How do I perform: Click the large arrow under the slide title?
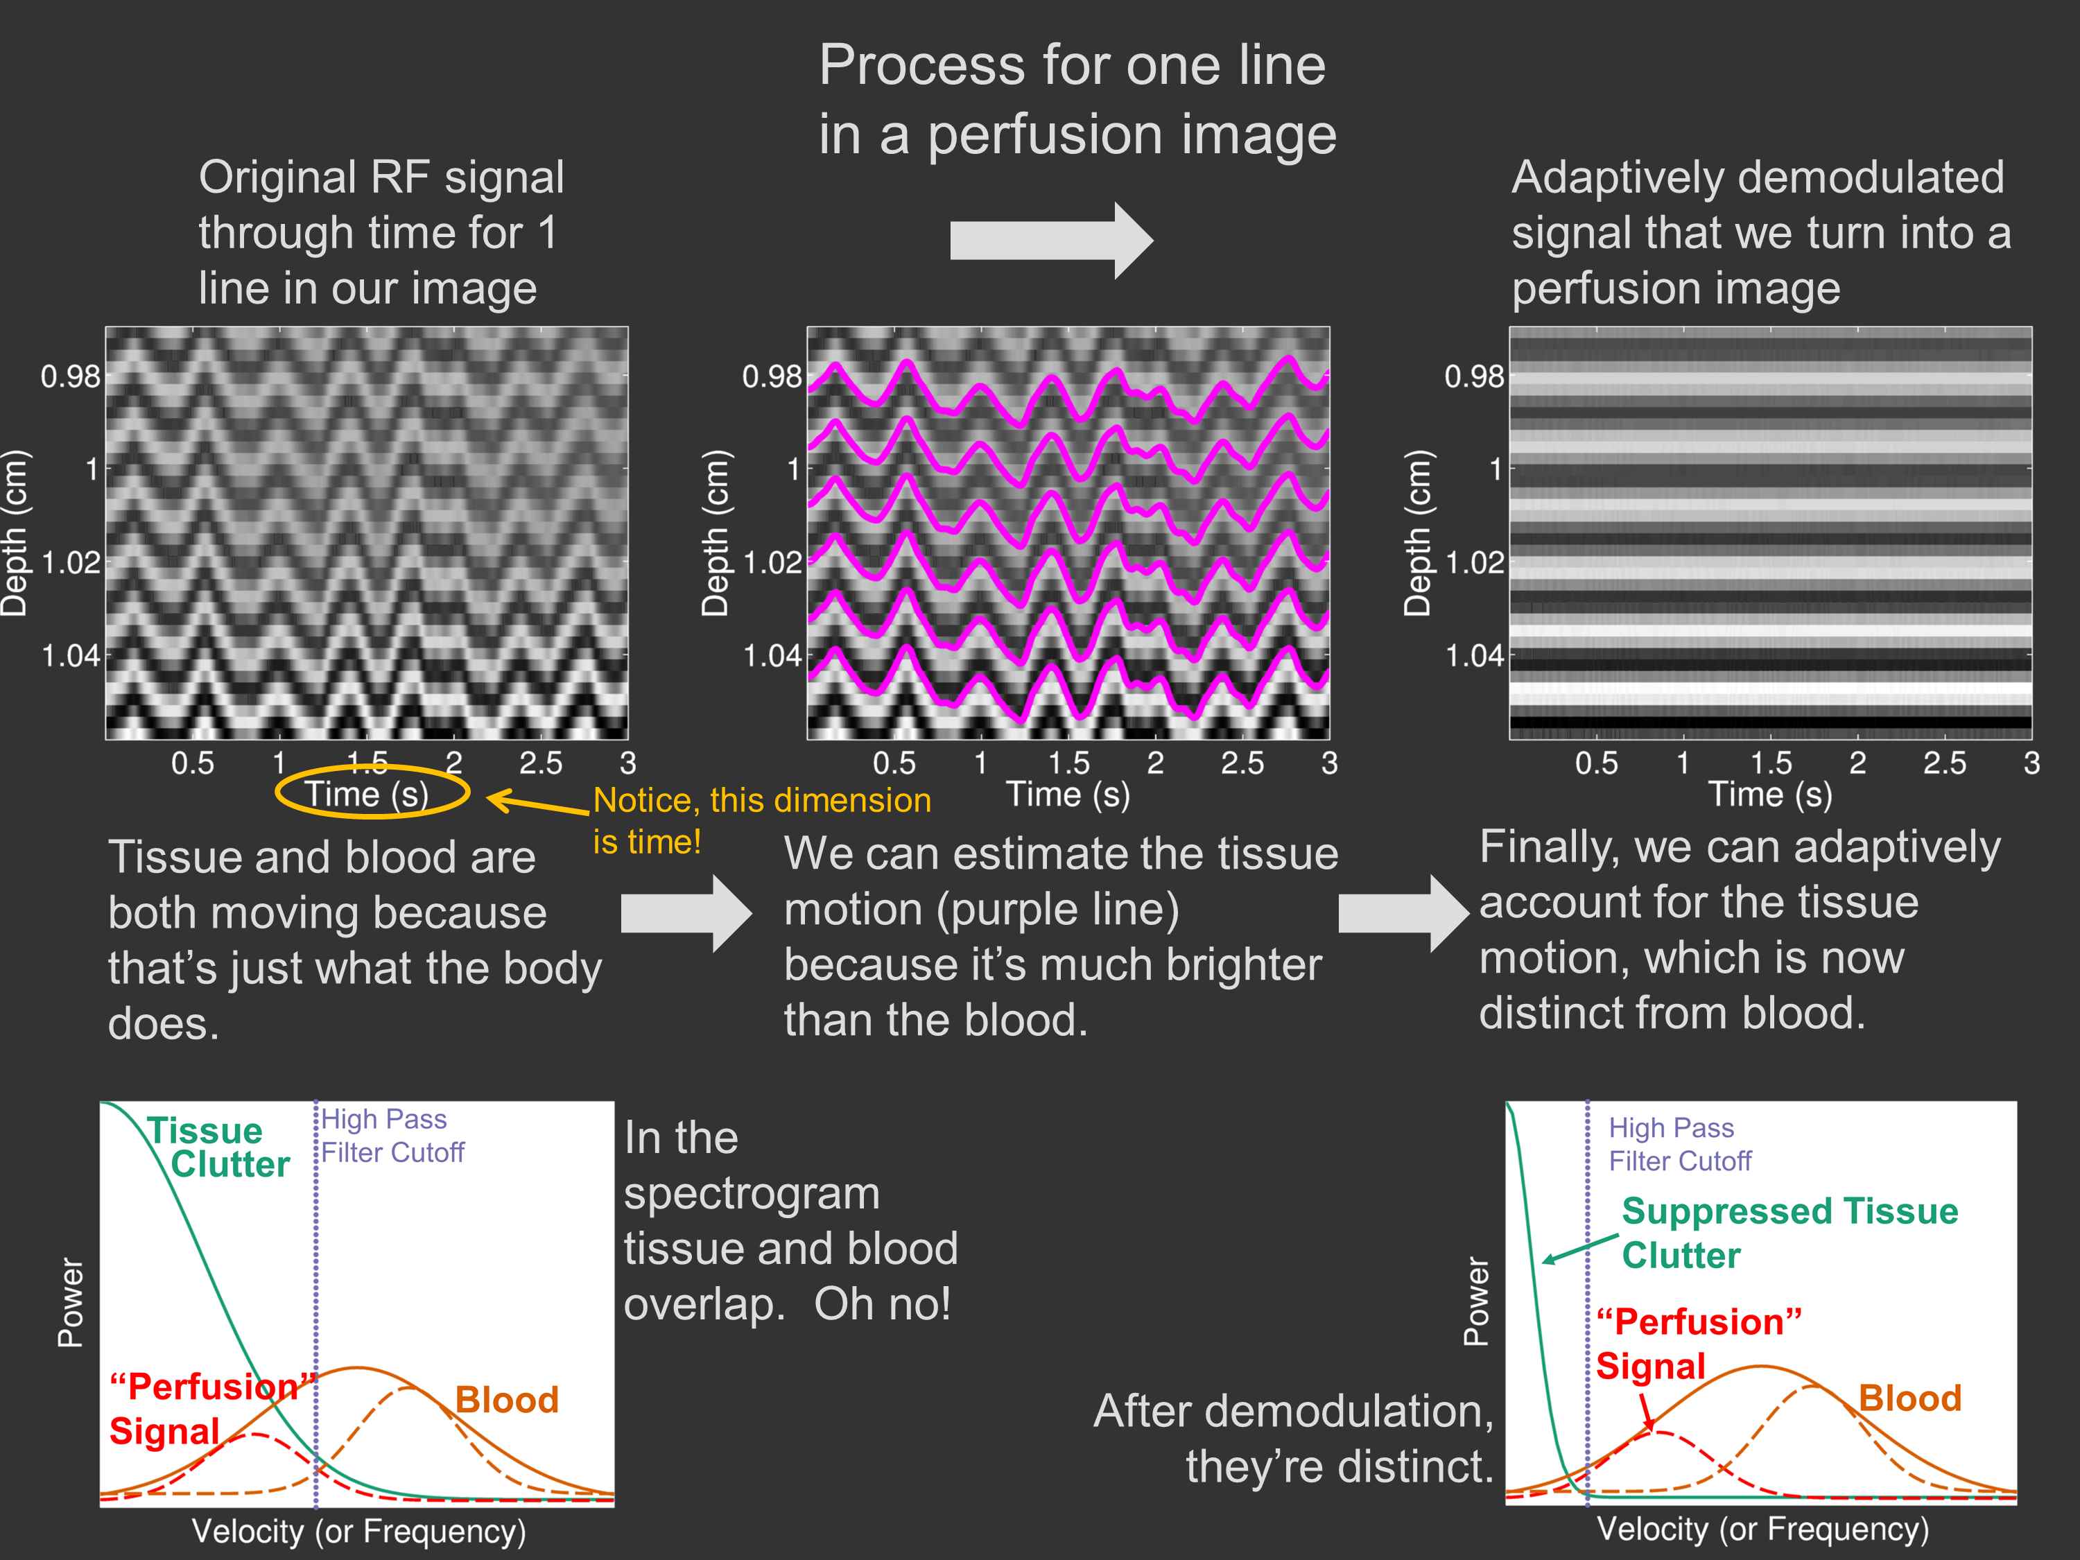point(1050,241)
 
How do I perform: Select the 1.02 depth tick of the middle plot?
point(772,562)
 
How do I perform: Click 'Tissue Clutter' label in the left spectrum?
point(218,1147)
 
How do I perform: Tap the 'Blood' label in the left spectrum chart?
point(507,1399)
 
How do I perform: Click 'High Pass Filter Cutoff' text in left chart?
point(392,1135)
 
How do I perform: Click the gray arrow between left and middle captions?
point(686,913)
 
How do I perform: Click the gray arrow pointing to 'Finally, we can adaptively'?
point(1402,913)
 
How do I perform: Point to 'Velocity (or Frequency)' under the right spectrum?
point(1762,1528)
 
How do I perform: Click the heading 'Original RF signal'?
point(381,177)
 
